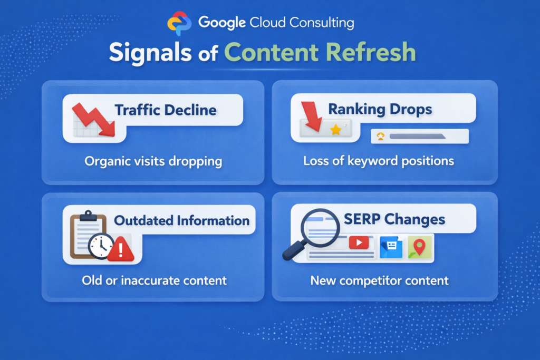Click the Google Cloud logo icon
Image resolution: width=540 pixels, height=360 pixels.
tap(179, 24)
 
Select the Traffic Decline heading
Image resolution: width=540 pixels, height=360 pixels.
tap(166, 110)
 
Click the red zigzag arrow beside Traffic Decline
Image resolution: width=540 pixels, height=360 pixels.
tap(93, 120)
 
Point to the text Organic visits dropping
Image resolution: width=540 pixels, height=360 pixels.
tap(153, 161)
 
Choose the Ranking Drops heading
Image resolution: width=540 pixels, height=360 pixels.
tap(380, 109)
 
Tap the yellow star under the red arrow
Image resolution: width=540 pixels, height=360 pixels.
tap(335, 130)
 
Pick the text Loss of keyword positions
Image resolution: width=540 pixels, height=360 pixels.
tap(379, 161)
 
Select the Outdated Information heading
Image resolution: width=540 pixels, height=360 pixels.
tap(182, 220)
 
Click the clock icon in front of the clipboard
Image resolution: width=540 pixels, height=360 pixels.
tap(100, 246)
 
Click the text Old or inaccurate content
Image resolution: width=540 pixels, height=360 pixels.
tap(154, 280)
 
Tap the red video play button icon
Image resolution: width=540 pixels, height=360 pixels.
tap(359, 243)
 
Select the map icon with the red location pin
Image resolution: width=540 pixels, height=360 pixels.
tap(419, 246)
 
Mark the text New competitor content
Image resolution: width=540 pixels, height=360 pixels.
tap(379, 280)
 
